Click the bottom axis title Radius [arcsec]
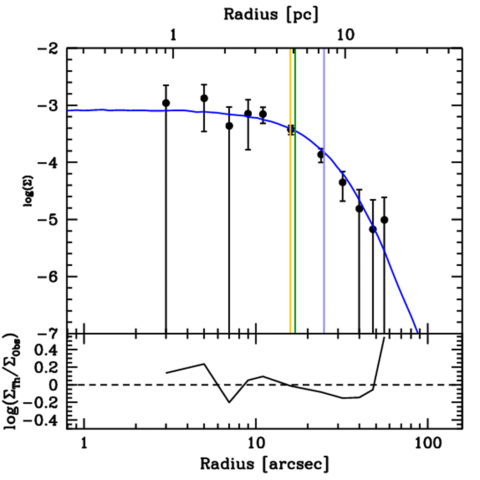pyautogui.click(x=264, y=464)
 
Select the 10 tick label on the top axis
pyautogui.click(x=345, y=36)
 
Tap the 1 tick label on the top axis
pyautogui.click(x=173, y=36)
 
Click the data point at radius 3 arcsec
pyautogui.click(x=166, y=103)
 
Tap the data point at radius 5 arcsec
pyautogui.click(x=204, y=98)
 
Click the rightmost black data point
pyautogui.click(x=384, y=220)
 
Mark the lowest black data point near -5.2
pyautogui.click(x=373, y=229)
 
